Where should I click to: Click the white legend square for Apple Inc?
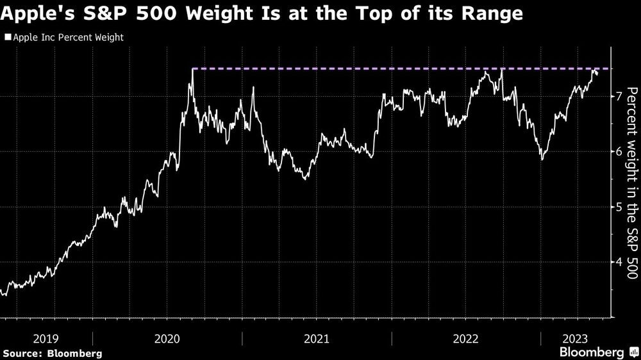click(8, 38)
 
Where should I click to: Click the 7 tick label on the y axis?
click(619, 97)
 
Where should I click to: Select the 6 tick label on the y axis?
click(619, 152)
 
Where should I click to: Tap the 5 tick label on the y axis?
click(619, 207)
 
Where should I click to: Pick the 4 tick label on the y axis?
click(619, 262)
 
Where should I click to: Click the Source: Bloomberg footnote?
click(53, 353)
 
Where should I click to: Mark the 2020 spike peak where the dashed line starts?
click(192, 69)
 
